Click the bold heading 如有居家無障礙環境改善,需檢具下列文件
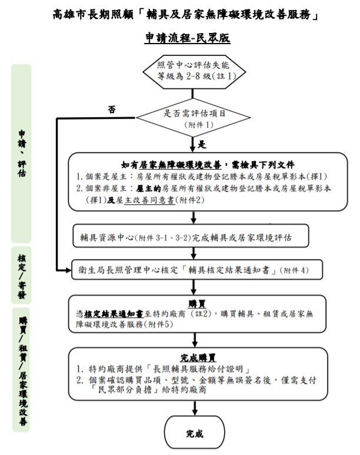coord(207,165)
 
